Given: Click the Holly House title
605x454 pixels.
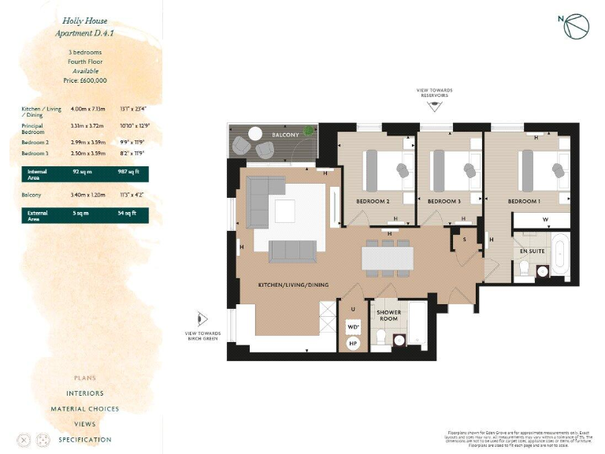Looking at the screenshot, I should [84, 20].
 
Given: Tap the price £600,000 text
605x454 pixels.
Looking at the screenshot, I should [84, 80].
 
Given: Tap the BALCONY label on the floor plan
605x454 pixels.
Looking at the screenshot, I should [285, 136].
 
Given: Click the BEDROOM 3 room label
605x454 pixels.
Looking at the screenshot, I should [444, 201].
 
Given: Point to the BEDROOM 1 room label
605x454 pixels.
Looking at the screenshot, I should [523, 201].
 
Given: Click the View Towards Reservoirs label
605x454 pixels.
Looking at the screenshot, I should [435, 93].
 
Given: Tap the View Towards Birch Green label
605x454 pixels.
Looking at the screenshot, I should [202, 336].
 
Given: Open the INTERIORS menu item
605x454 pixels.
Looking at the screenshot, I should [84, 393].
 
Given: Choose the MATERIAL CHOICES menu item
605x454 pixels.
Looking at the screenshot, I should [84, 408].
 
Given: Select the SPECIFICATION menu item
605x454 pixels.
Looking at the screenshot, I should [84, 439].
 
